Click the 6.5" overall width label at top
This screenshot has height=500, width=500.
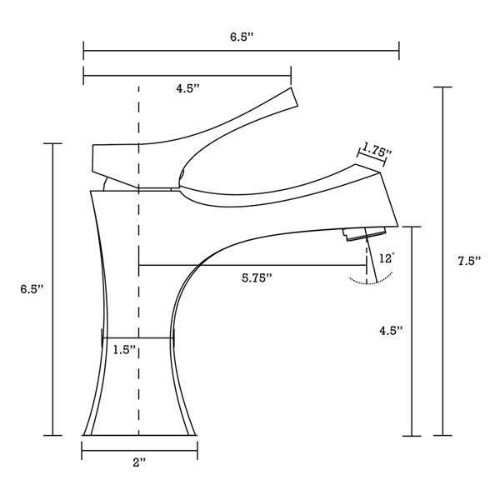pos(241,37)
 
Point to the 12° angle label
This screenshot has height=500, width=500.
pos(386,258)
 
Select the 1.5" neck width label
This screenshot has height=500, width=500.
pos(125,350)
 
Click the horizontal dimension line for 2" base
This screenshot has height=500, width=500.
pos(139,451)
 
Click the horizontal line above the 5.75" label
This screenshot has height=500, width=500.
pos(252,265)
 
